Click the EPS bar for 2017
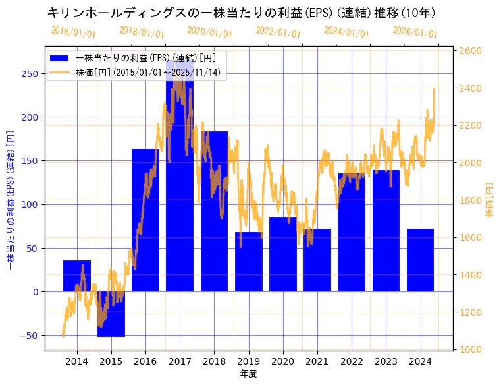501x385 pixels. pos(180,198)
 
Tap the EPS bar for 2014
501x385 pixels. pos(77,276)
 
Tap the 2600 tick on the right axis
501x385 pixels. pos(471,51)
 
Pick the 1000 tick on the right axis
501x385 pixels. pos(471,349)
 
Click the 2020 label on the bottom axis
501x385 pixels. pos(282,361)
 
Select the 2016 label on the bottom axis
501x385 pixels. pos(145,361)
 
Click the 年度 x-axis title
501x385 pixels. pos(249,374)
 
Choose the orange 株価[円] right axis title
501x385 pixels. pos(489,200)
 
